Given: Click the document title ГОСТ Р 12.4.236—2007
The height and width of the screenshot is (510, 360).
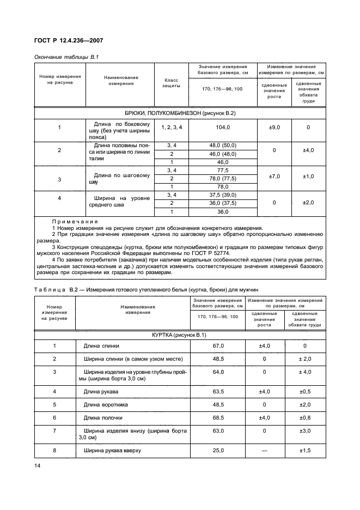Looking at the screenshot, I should (69, 40).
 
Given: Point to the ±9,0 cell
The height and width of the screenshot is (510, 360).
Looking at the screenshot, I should (274, 127).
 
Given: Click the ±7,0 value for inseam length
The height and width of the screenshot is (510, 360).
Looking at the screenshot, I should (274, 177).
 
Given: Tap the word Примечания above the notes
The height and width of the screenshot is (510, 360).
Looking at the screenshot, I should (74, 222).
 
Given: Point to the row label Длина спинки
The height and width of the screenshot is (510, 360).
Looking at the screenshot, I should (101, 346).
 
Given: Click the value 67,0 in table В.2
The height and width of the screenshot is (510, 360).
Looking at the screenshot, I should (218, 346).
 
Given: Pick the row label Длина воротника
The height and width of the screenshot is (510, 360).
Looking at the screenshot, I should (106, 405).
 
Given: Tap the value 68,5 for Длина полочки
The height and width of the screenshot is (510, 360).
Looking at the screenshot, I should (218, 418).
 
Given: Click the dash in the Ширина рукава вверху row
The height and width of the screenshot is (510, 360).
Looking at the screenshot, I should (265, 451).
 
